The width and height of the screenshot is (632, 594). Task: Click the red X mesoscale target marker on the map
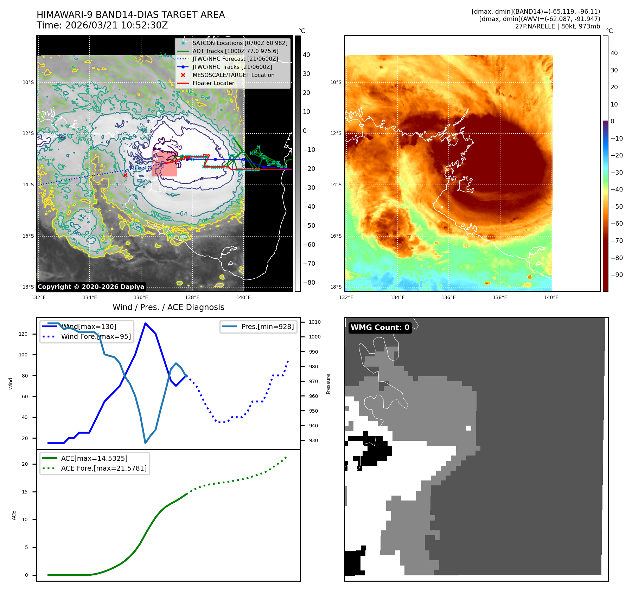click(x=125, y=175)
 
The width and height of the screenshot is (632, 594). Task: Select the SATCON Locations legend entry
click(x=240, y=43)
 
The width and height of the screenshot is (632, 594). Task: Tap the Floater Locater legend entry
click(x=213, y=83)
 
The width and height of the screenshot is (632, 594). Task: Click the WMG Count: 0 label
click(x=380, y=328)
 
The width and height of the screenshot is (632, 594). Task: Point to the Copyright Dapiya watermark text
click(x=91, y=287)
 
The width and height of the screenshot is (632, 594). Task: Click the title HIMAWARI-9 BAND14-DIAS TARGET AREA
click(x=130, y=15)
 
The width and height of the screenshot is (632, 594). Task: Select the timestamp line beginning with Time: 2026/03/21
click(x=102, y=26)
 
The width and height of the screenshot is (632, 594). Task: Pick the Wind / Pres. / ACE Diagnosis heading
click(x=168, y=307)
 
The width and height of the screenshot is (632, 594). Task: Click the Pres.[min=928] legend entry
click(x=267, y=327)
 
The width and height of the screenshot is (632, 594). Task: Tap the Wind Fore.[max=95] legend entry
click(x=96, y=336)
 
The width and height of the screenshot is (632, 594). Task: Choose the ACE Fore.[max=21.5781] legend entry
click(x=104, y=468)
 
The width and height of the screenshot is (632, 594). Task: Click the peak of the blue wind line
click(x=145, y=323)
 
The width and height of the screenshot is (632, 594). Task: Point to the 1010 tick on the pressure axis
click(x=315, y=322)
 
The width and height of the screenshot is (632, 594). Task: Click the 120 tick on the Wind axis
click(x=23, y=334)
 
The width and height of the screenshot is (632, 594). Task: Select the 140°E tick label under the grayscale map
click(x=243, y=297)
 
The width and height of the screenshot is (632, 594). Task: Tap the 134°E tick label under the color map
click(x=397, y=297)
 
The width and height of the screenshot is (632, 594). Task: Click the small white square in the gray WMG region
click(x=468, y=428)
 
